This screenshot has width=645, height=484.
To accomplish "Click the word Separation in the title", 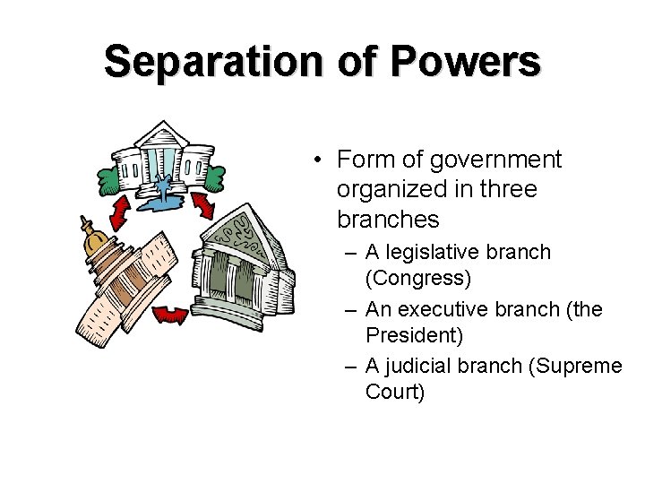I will [x=211, y=62].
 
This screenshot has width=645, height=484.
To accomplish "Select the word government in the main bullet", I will [x=495, y=160].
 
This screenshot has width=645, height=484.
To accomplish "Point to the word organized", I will [x=394, y=189].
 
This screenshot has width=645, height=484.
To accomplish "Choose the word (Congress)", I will [x=418, y=278].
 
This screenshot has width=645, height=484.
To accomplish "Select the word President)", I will [x=414, y=335].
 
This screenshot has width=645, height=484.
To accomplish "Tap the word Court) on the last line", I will [x=395, y=392].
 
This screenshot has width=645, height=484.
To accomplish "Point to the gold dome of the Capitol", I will [x=94, y=237].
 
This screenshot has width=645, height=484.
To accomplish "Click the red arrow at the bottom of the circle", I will [x=170, y=314].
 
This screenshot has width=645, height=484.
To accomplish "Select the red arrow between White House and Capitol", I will [x=118, y=212].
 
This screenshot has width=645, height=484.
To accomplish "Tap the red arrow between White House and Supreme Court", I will [x=203, y=205].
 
